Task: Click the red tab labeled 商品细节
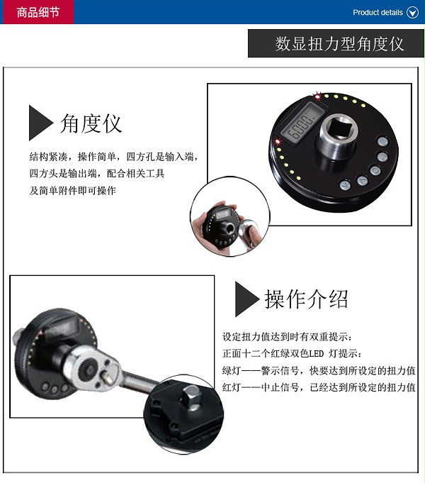[37, 12]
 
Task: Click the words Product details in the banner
[378, 13]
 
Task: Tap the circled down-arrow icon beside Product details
[412, 13]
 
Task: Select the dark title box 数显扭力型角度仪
[336, 43]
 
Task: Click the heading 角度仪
[91, 123]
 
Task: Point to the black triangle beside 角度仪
[40, 123]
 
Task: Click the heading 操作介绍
[306, 299]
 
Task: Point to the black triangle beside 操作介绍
[246, 299]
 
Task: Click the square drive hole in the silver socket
[338, 129]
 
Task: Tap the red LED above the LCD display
[317, 96]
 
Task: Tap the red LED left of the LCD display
[278, 141]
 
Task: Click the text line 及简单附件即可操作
[73, 191]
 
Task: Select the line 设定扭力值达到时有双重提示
[287, 337]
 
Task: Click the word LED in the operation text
[316, 354]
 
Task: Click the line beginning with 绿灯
[319, 370]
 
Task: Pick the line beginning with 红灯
[319, 387]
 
